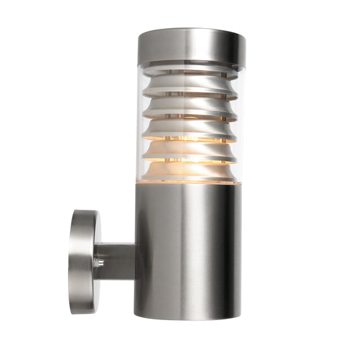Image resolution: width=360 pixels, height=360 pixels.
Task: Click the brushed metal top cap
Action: pyautogui.click(x=191, y=46)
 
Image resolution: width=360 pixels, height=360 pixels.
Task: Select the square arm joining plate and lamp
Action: pyautogui.click(x=115, y=262)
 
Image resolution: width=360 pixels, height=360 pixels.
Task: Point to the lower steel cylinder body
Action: pyautogui.click(x=188, y=253)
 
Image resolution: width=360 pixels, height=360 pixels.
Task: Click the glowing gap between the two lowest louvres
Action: pyautogui.click(x=188, y=161)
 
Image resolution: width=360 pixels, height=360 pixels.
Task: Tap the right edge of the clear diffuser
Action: pyautogui.click(x=240, y=124)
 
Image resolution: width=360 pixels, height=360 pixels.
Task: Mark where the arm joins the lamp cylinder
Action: pyautogui.click(x=135, y=262)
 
